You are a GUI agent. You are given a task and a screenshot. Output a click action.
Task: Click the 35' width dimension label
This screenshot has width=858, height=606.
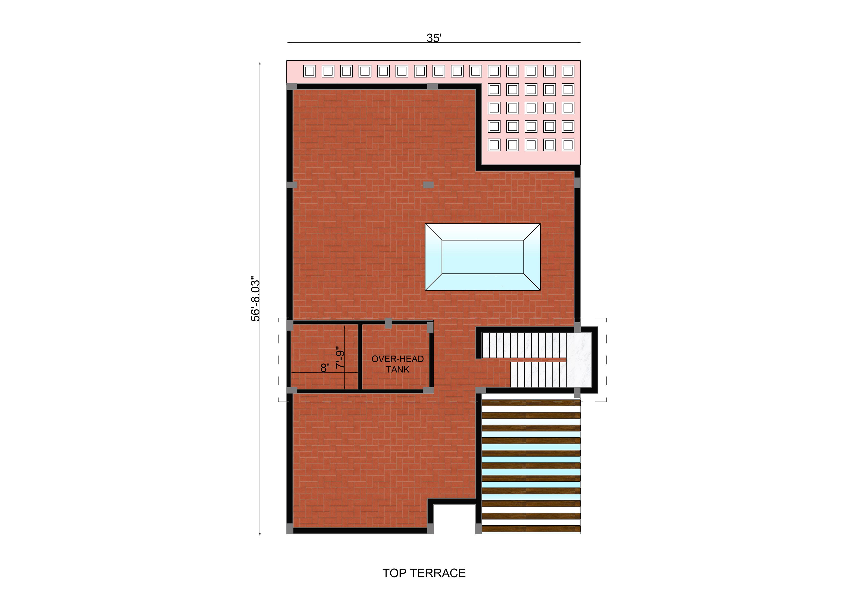(x=434, y=38)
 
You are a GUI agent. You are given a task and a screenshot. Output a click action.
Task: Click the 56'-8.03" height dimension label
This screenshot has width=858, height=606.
(x=255, y=299)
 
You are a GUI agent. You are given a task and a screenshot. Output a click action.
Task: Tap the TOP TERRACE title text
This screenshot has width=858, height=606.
(x=424, y=573)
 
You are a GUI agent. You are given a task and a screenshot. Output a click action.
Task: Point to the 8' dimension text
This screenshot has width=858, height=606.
(x=324, y=368)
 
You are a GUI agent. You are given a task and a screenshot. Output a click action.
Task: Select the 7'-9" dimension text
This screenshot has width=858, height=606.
(x=340, y=358)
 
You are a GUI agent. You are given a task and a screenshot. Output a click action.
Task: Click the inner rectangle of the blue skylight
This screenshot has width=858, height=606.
(x=483, y=257)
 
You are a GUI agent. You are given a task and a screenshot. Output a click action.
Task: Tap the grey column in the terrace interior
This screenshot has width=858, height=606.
(x=428, y=184)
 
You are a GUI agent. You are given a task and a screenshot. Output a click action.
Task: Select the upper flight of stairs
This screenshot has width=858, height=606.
(x=524, y=345)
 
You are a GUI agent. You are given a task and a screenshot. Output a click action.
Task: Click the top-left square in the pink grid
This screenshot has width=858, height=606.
(x=309, y=71)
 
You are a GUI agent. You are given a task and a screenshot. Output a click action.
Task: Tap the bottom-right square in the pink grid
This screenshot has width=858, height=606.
(x=568, y=145)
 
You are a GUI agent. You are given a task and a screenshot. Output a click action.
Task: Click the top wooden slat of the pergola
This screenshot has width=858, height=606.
(x=531, y=403)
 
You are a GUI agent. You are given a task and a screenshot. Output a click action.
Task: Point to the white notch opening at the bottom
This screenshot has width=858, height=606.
(x=454, y=519)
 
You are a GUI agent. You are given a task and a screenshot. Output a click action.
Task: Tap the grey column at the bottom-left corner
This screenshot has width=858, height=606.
(x=290, y=529)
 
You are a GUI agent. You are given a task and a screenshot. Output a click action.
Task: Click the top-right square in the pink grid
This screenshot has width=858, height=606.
(x=568, y=71)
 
